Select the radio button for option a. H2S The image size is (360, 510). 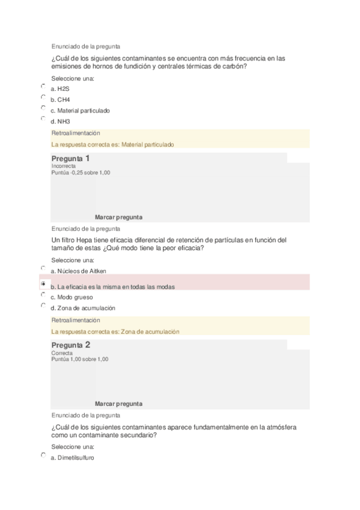click(x=43, y=86)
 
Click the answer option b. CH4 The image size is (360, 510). click(x=60, y=100)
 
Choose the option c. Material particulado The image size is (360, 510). click(x=80, y=111)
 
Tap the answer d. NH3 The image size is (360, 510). click(x=60, y=121)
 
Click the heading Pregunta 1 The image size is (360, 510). click(x=71, y=158)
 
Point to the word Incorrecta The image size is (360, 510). click(x=64, y=166)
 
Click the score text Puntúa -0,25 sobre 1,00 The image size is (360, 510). click(x=81, y=173)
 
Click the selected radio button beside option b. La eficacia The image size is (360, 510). click(x=43, y=283)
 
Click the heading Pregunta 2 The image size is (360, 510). click(x=71, y=345)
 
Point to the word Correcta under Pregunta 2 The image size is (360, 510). click(x=62, y=353)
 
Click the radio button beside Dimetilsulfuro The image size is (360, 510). click(x=43, y=455)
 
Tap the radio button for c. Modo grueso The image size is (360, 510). click(x=43, y=295)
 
